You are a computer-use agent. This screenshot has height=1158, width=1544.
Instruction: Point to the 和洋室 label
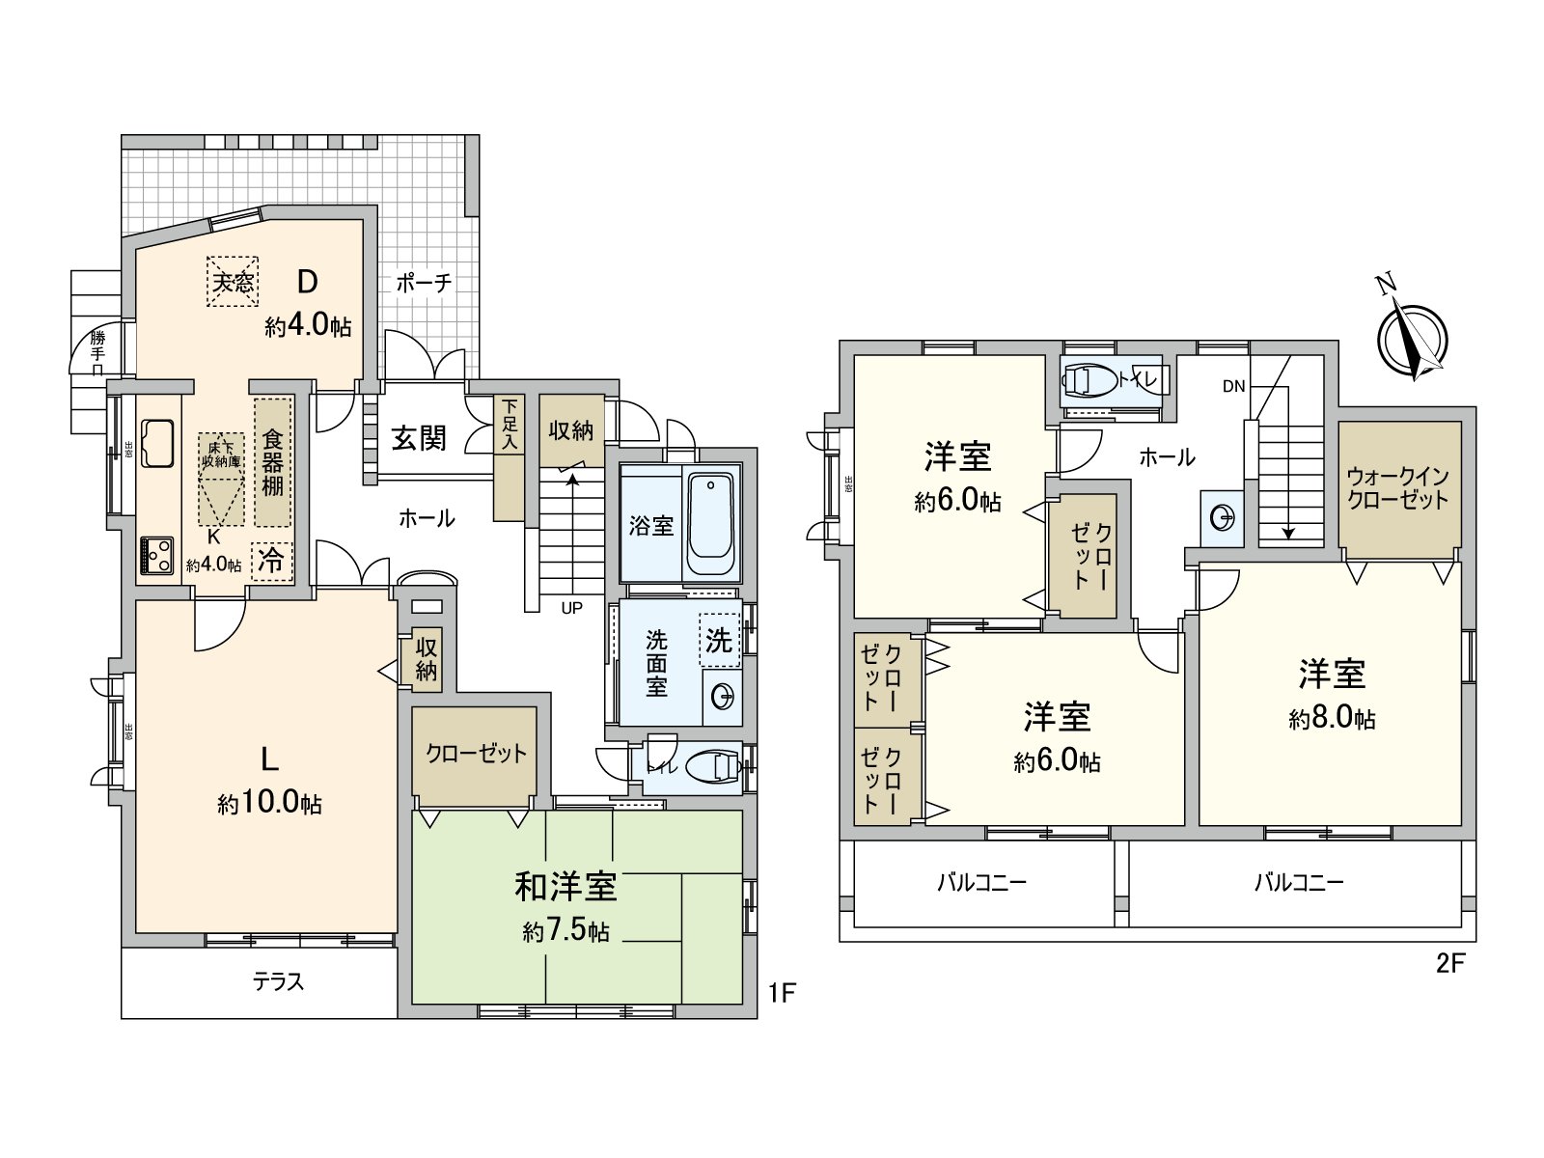pyautogui.click(x=565, y=885)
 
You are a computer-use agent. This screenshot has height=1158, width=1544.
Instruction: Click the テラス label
pyautogui.click(x=278, y=982)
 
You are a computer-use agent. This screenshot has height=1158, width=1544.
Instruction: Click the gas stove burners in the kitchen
pyautogui.click(x=157, y=555)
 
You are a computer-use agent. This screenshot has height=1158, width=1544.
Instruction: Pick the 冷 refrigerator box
pyautogui.click(x=272, y=561)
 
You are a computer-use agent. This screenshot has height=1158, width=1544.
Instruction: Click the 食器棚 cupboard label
pyautogui.click(x=272, y=463)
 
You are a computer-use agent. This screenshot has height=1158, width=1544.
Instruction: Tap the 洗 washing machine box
pyautogui.click(x=719, y=640)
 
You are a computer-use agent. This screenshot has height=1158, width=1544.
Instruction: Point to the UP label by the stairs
pyautogui.click(x=572, y=608)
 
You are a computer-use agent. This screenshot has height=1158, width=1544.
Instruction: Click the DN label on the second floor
pyautogui.click(x=1233, y=386)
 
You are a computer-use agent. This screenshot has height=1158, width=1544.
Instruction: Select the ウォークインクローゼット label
pyautogui.click(x=1398, y=488)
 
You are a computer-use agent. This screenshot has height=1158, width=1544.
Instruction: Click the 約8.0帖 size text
pyautogui.click(x=1332, y=719)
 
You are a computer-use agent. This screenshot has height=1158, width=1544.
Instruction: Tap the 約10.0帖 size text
pyautogui.click(x=270, y=804)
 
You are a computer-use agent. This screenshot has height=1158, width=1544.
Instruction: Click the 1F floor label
pyautogui.click(x=782, y=992)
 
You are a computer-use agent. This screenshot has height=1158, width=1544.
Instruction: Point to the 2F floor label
pyautogui.click(x=1450, y=965)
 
